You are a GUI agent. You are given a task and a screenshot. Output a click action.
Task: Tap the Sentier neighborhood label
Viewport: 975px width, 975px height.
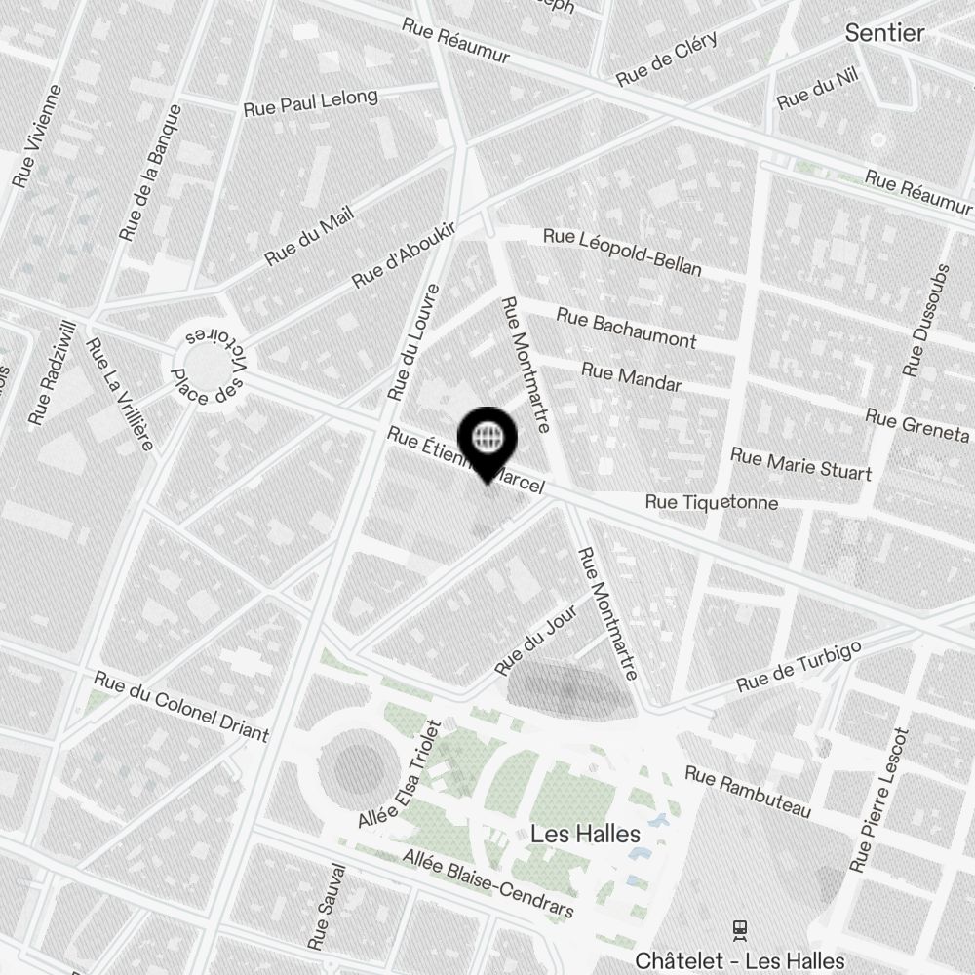[x=884, y=32]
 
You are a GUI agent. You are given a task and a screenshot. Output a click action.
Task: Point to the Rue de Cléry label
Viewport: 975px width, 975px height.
[x=667, y=58]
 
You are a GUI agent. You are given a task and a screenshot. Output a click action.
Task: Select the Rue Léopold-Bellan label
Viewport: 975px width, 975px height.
[x=622, y=252]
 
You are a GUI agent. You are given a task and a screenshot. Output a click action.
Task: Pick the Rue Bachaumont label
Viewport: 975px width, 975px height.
[x=626, y=328]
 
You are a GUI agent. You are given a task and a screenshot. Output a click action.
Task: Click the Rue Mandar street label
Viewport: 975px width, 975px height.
[x=631, y=376]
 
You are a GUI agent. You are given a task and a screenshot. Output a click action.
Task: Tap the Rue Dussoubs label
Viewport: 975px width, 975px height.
[x=925, y=320]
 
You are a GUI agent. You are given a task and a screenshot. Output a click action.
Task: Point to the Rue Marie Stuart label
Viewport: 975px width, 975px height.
[x=800, y=464]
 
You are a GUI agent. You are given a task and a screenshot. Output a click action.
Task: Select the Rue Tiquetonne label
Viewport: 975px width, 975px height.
[x=712, y=502]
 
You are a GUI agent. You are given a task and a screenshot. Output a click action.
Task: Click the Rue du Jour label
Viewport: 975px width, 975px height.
[x=535, y=639]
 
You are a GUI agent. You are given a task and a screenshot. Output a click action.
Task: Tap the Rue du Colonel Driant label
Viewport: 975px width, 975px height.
[x=180, y=706]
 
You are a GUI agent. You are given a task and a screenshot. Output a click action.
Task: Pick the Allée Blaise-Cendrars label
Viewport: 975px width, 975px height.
[x=488, y=883]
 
